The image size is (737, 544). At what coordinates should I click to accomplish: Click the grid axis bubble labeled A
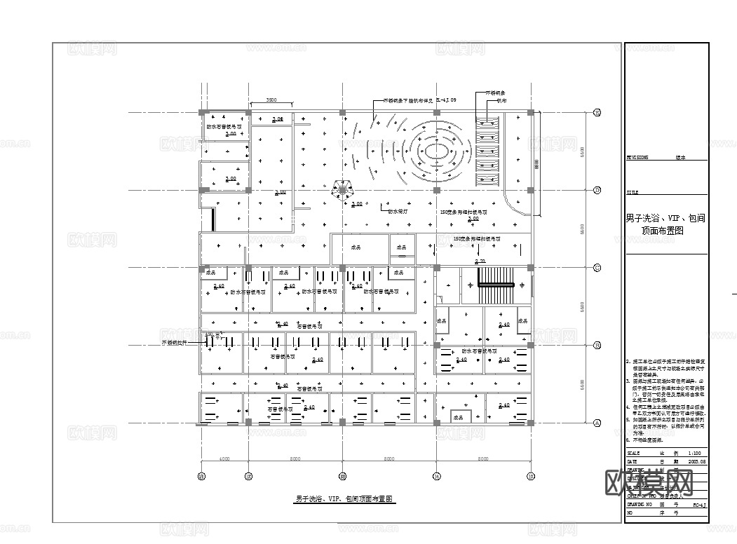click(x=597, y=423)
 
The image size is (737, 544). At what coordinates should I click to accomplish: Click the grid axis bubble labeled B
click(x=597, y=345)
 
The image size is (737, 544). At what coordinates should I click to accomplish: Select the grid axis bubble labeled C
click(x=597, y=267)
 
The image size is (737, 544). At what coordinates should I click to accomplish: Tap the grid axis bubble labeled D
click(x=597, y=190)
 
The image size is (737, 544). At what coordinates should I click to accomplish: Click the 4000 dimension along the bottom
click(x=224, y=459)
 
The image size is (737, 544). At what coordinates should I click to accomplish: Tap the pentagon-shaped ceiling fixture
click(x=342, y=190)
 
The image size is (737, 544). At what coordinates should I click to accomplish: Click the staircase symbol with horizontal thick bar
click(x=496, y=284)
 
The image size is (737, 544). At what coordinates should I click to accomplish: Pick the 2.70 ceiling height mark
click(x=480, y=261)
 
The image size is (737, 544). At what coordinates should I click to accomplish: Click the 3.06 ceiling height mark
click(x=278, y=119)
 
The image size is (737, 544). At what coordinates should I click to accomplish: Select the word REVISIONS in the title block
click(x=637, y=158)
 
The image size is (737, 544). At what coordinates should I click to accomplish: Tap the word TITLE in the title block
click(x=633, y=191)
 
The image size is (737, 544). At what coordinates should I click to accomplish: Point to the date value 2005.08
click(x=698, y=462)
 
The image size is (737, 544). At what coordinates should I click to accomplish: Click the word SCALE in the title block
click(x=634, y=454)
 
